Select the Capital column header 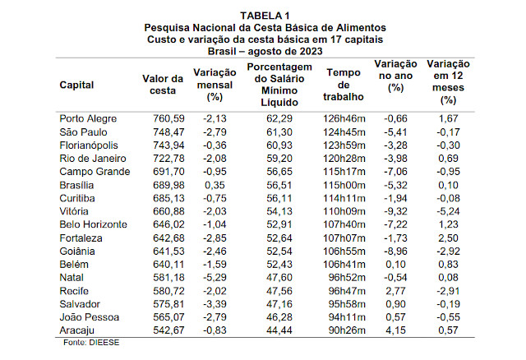[x=76, y=85]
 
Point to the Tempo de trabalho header [x=343, y=85]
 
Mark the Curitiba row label [x=80, y=198]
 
